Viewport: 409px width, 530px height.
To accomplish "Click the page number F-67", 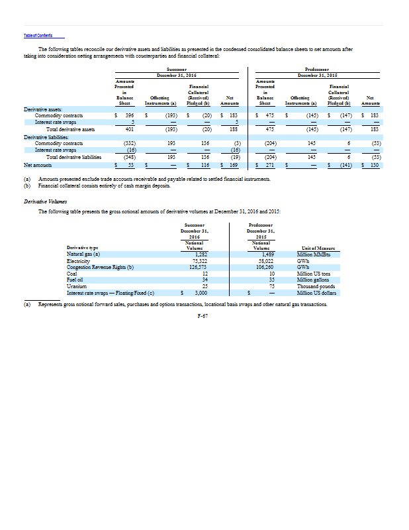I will [x=204, y=316].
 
